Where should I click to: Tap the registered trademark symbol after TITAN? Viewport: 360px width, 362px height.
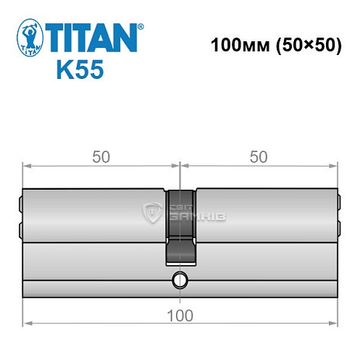click(x=141, y=26)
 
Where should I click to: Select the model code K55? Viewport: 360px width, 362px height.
click(x=79, y=70)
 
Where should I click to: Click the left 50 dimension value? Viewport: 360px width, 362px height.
click(x=101, y=157)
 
